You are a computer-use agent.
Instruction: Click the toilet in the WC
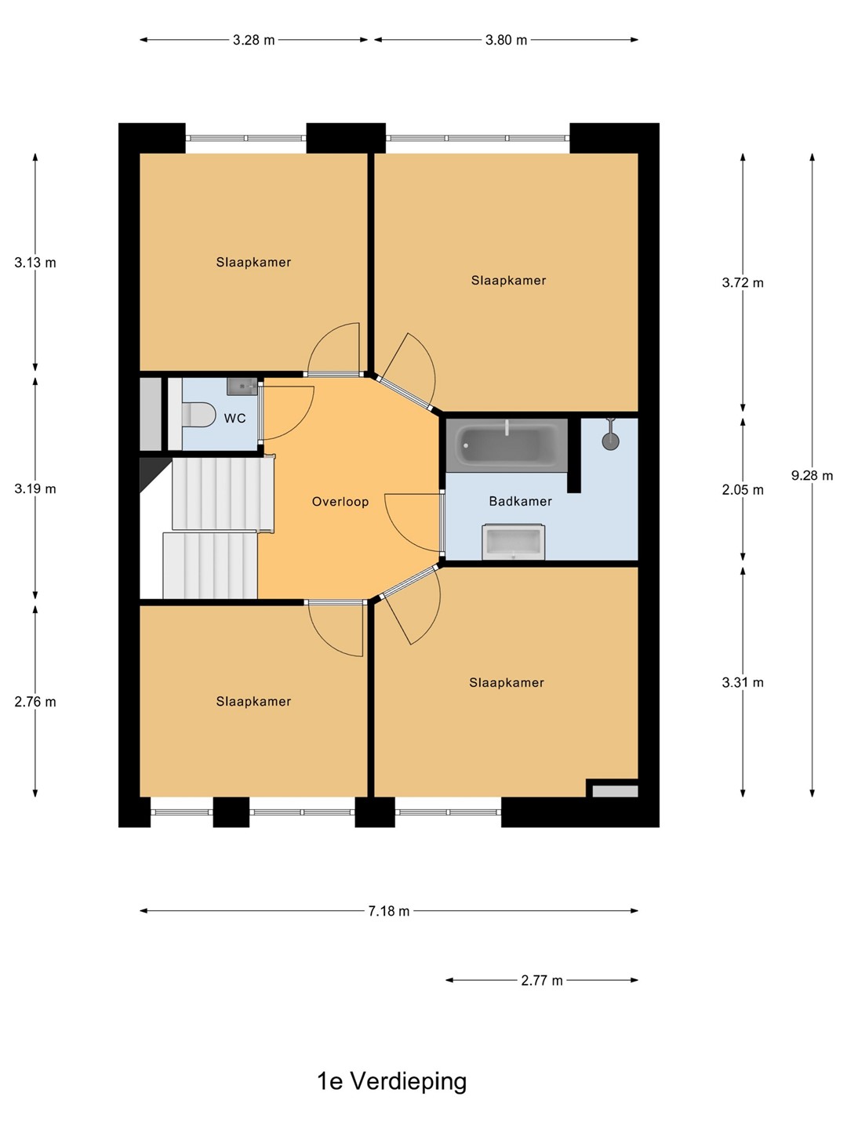[x=198, y=415]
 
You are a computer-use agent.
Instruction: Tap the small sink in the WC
[x=242, y=387]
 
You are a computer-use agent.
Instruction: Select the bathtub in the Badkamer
[x=507, y=445]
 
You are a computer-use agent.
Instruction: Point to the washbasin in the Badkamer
[x=513, y=542]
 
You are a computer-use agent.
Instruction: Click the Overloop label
[x=340, y=502]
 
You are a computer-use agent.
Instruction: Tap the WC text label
[x=235, y=418]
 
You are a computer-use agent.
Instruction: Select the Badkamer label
[x=521, y=501]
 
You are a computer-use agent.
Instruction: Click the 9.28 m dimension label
[x=812, y=475]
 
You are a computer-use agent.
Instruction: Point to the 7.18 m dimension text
[x=389, y=911]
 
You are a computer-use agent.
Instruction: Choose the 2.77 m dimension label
[x=542, y=980]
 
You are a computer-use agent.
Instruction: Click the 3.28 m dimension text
[x=253, y=40]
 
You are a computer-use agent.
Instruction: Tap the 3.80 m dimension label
[x=506, y=40]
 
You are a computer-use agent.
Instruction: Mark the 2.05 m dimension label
[x=743, y=490]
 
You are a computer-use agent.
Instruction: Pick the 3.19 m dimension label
[x=35, y=488]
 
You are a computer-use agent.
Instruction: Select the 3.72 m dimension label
[x=743, y=282]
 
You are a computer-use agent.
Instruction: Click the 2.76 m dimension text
[x=35, y=702]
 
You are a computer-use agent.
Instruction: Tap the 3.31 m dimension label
[x=743, y=683]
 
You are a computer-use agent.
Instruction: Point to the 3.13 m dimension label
[x=35, y=263]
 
